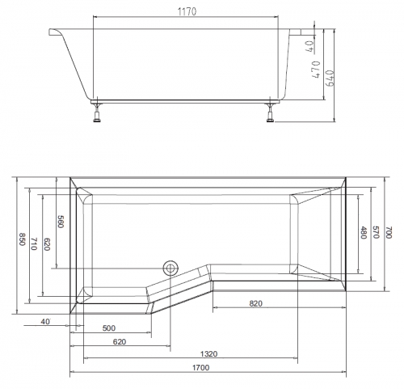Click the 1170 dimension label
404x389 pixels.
coord(187,11)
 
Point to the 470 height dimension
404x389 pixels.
coord(316,70)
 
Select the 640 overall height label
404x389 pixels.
coord(330,78)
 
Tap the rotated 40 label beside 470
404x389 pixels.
coord(310,46)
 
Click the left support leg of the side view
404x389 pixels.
coord(97,112)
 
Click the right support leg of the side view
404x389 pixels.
coord(270,112)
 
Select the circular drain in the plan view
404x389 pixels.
coord(170,268)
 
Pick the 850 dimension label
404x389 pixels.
coord(22,239)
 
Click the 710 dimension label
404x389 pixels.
coord(34,244)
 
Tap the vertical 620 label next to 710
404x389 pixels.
coord(47,244)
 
